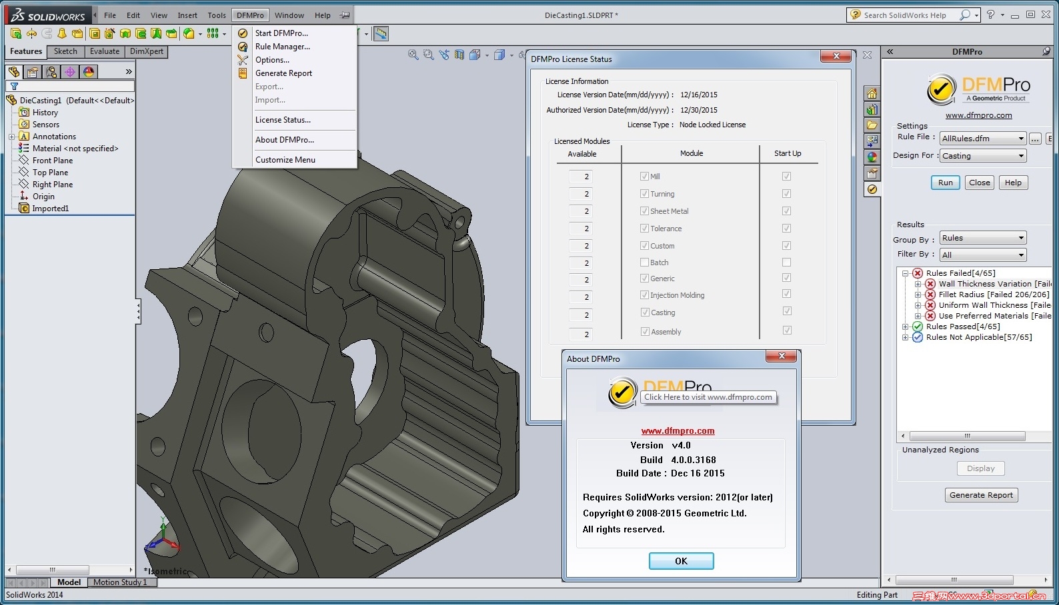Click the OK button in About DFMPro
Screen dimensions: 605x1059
click(681, 561)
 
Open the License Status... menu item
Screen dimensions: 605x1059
click(283, 120)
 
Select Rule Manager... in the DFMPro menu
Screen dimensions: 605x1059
click(282, 47)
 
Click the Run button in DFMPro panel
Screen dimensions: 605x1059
click(945, 183)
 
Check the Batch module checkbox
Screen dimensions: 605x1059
click(644, 263)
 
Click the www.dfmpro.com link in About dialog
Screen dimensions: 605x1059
click(678, 431)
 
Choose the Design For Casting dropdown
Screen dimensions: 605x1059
click(982, 156)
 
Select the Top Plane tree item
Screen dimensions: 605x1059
click(50, 173)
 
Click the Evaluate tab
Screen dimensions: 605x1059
click(105, 51)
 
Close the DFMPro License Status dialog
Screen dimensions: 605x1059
click(836, 57)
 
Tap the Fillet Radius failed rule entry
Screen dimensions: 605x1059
click(993, 295)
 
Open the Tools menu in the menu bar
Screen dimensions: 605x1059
click(217, 15)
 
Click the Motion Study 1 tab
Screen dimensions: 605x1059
click(120, 582)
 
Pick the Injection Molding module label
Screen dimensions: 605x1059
click(677, 295)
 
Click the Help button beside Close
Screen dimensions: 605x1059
click(1012, 183)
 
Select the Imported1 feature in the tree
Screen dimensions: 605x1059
click(50, 209)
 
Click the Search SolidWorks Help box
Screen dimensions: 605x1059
click(907, 15)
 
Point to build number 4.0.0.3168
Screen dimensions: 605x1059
click(693, 460)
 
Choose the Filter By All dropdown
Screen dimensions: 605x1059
click(982, 255)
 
